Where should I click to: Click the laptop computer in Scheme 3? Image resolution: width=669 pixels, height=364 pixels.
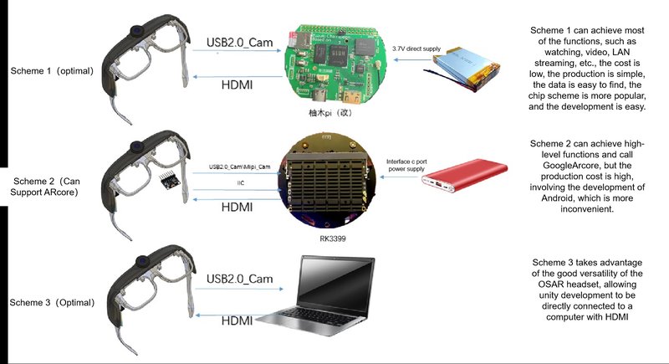[x=317, y=295]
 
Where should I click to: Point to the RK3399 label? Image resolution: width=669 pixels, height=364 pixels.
[x=332, y=238]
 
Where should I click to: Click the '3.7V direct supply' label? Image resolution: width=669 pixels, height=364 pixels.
[x=416, y=49]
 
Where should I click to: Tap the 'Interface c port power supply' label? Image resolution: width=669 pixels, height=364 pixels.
[x=406, y=165]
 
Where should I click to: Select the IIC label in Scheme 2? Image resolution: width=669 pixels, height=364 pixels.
[x=241, y=183]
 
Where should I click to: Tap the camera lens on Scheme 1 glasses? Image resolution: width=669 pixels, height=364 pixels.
[x=136, y=31]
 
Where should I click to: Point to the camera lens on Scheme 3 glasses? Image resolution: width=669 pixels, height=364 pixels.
[x=142, y=261]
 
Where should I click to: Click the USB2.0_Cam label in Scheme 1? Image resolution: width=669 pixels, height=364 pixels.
[x=239, y=42]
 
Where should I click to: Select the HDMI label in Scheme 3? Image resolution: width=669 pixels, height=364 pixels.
[x=237, y=320]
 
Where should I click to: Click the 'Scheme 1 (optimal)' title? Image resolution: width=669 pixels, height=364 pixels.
[x=52, y=71]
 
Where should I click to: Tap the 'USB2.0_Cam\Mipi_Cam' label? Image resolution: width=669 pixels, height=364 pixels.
[x=239, y=167]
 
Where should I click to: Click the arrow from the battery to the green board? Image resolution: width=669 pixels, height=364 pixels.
[x=412, y=59]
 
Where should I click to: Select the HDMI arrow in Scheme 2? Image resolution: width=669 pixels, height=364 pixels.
[x=237, y=199]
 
